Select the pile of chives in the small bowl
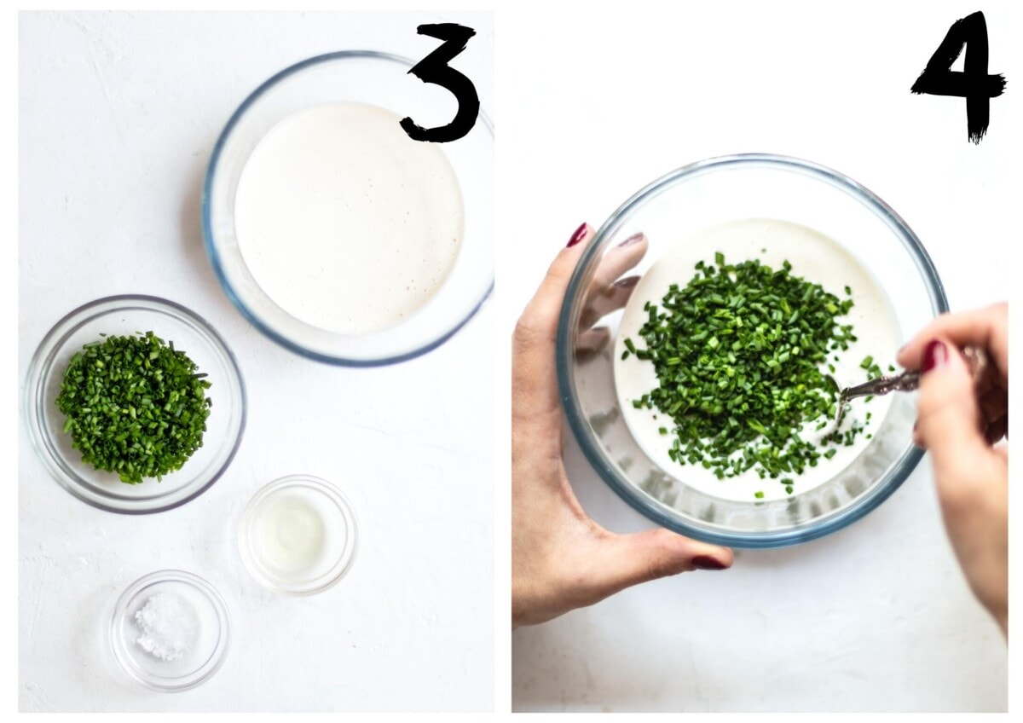tap(133, 408)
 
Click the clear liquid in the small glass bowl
tap(292, 533)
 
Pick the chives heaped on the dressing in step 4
tap(749, 361)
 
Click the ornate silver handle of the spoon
tap(891, 382)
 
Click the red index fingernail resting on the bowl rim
tap(577, 235)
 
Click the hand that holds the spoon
tap(959, 411)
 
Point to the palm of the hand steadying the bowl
tap(548, 479)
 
